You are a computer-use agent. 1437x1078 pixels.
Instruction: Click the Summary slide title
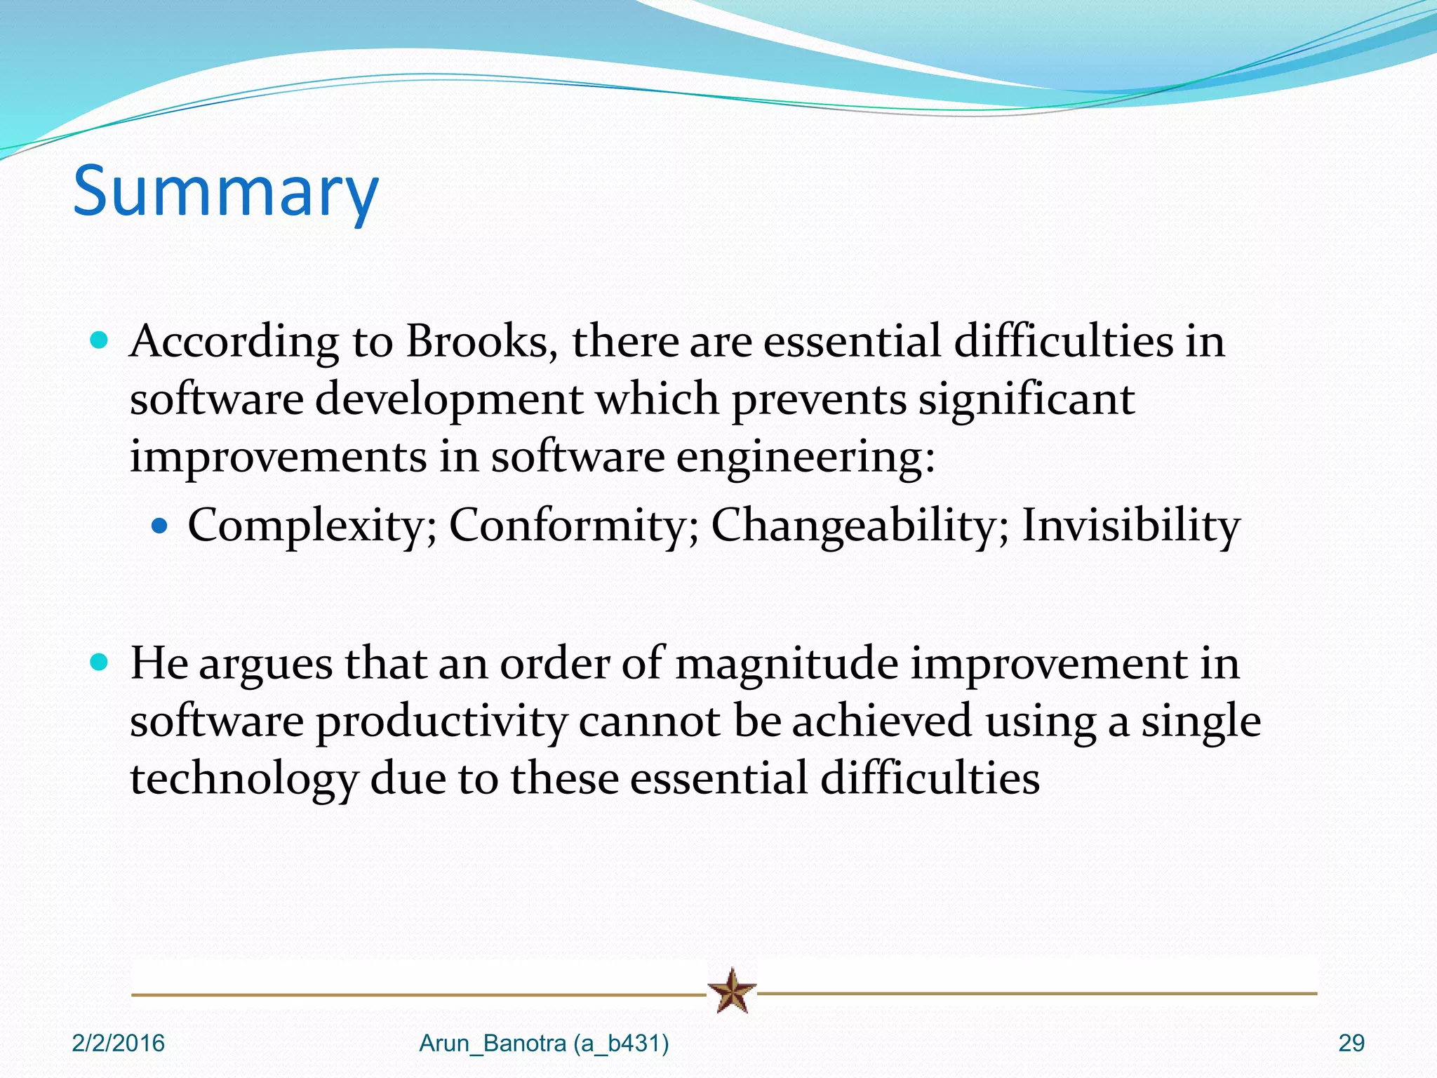[225, 191]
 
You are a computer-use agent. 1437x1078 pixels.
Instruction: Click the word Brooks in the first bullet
[481, 342]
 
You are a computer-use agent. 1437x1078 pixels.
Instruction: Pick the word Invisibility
[1130, 525]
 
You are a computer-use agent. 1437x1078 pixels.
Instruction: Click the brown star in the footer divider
[732, 991]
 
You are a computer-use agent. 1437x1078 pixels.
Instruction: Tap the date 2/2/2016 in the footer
[118, 1044]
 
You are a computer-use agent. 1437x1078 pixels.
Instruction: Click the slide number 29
[1351, 1044]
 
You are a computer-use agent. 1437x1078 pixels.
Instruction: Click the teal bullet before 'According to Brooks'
[100, 341]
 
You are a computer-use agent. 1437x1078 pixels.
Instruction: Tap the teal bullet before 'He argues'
[100, 662]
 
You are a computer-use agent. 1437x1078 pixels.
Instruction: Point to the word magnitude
[786, 663]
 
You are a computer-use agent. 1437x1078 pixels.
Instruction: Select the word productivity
[441, 721]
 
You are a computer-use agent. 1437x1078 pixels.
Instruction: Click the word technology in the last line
[243, 779]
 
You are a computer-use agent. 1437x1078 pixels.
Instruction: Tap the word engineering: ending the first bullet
[806, 458]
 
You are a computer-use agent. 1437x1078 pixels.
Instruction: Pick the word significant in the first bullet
[1026, 399]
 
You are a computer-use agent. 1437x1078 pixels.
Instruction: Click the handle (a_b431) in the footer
[621, 1044]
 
